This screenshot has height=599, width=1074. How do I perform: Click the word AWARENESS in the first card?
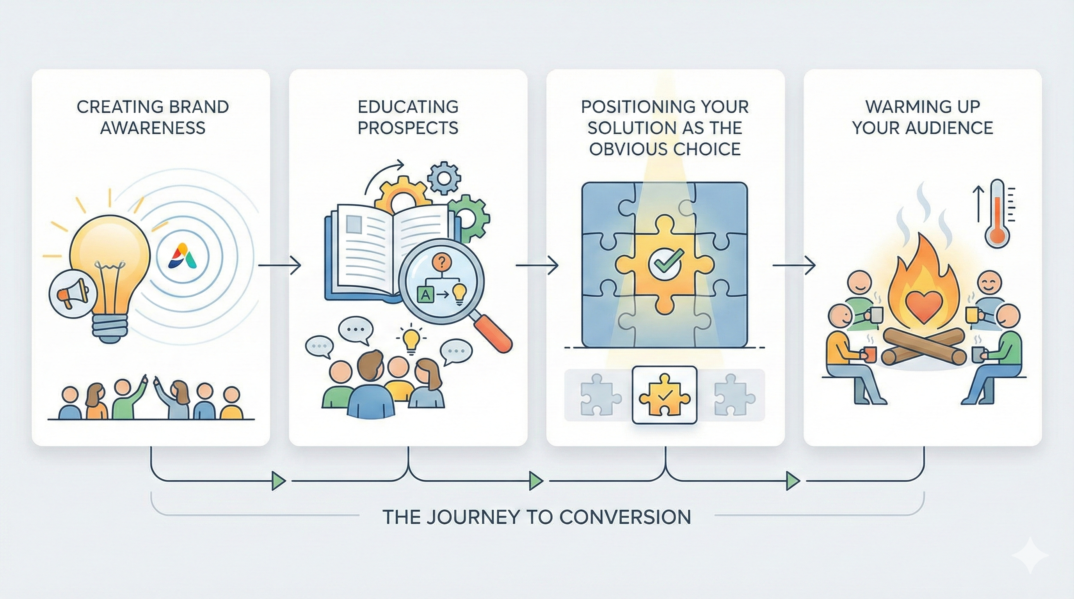click(x=153, y=128)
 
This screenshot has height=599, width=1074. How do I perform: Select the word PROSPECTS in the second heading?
click(x=408, y=128)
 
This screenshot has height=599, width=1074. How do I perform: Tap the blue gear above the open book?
click(x=445, y=178)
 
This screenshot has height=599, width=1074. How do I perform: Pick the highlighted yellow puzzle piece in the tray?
click(x=665, y=395)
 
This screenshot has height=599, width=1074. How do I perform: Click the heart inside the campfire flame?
click(x=923, y=305)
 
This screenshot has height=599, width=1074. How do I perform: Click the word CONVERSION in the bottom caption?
click(x=625, y=517)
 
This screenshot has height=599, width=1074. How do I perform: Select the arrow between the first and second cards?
click(x=280, y=265)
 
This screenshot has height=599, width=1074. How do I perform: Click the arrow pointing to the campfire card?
click(x=794, y=265)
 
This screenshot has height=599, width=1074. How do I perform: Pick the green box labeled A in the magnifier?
click(x=425, y=294)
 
